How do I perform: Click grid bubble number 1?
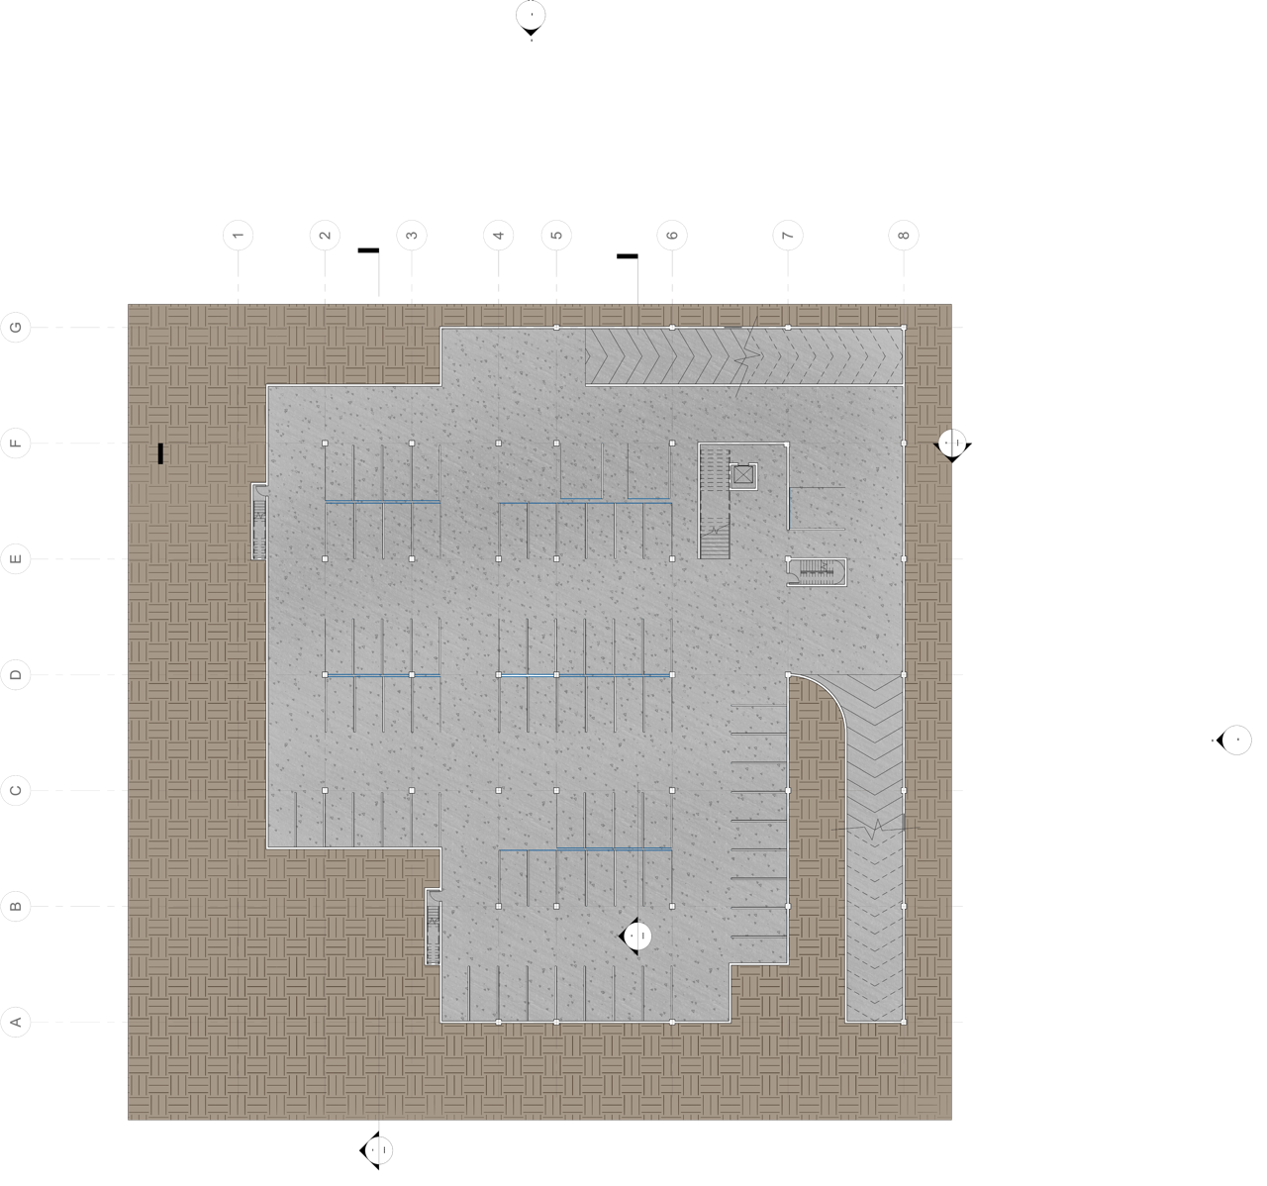tap(238, 236)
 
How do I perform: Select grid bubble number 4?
tap(499, 236)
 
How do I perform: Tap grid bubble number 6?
tap(672, 236)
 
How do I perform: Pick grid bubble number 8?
tap(904, 236)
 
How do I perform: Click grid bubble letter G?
tap(16, 328)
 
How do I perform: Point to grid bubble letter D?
tap(16, 675)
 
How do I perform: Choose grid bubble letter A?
tap(16, 1022)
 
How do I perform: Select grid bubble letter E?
tap(16, 559)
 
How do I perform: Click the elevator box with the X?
tap(742, 475)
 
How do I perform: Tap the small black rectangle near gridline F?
tap(159, 453)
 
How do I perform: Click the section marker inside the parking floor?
tap(638, 936)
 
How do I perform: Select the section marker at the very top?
tap(531, 16)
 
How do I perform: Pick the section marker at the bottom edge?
tap(378, 1150)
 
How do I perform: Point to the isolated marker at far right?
tap(1236, 740)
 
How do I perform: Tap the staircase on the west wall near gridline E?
tap(259, 522)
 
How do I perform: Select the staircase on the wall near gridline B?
tap(433, 927)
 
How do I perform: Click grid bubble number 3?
tap(412, 236)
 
